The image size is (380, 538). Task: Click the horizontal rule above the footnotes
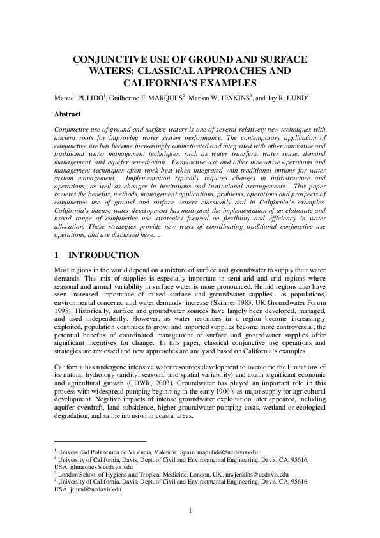tap(100, 441)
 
